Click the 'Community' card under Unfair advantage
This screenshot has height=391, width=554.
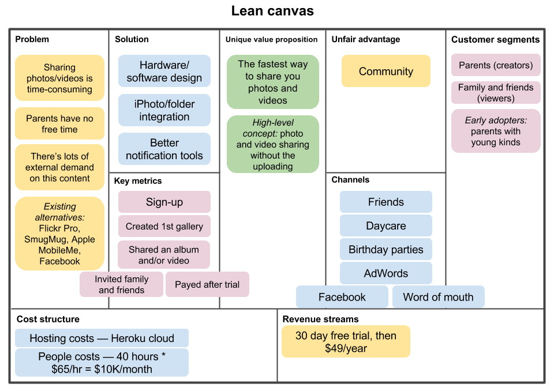(x=386, y=72)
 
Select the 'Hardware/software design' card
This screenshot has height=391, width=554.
(x=164, y=72)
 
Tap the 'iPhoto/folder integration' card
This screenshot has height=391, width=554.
(x=164, y=110)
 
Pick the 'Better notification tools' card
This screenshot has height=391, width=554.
(x=164, y=149)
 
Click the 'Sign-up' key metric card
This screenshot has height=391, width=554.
(x=164, y=202)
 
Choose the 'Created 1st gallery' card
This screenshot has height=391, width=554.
(x=164, y=227)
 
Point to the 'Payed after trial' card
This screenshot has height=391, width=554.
(x=207, y=284)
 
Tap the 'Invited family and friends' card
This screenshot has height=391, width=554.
(x=121, y=284)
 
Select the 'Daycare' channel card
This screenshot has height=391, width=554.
(x=386, y=226)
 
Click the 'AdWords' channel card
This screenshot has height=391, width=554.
(x=386, y=273)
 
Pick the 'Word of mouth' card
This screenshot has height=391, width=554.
(x=438, y=297)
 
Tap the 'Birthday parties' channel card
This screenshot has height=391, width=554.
(x=386, y=250)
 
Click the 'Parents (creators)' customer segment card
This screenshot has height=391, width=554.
(x=496, y=65)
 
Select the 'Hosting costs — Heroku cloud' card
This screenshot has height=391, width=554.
(x=102, y=338)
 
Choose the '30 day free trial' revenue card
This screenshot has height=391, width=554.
(x=346, y=341)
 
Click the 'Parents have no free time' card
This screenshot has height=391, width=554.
(x=59, y=123)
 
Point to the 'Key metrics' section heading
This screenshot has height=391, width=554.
(x=138, y=181)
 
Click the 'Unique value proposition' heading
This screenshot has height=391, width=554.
(x=271, y=40)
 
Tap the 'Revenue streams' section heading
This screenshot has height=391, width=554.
(x=320, y=319)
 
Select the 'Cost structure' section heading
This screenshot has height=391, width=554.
(x=48, y=319)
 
